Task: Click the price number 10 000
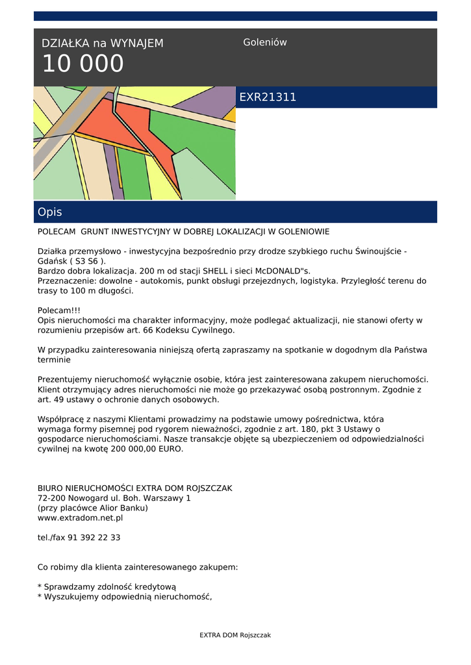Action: pos(83,64)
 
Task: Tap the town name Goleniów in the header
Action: pos(264,42)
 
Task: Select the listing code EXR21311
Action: pos(268,97)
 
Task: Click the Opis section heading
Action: pos(50,212)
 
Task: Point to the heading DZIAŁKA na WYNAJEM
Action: pos(103,44)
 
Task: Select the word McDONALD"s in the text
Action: pos(280,271)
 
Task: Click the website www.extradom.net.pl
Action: pos(80,518)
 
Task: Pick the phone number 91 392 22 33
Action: pos(96,538)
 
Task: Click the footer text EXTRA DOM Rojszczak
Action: pos(235,635)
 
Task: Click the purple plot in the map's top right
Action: pos(207,102)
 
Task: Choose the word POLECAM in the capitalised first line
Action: pos(57,232)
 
